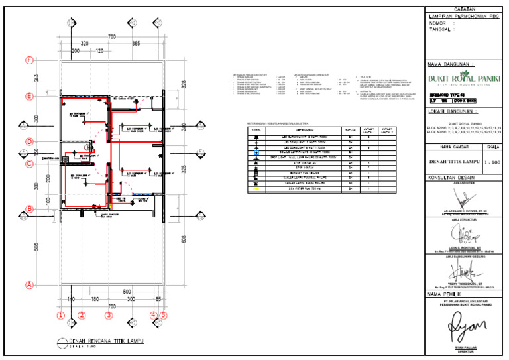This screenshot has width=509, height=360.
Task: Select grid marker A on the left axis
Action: (x=29, y=286)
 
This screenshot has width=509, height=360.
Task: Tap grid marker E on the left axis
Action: (x=29, y=97)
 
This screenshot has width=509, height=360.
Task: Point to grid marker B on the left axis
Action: (x=29, y=210)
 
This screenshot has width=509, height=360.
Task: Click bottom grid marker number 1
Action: (x=60, y=316)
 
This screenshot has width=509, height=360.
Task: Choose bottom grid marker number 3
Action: (x=109, y=316)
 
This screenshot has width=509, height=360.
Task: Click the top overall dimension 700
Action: (x=112, y=36)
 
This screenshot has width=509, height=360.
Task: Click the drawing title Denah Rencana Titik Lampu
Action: (x=105, y=341)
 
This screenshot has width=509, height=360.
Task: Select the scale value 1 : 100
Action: (x=492, y=161)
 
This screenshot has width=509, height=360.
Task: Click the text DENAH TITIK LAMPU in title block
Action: (x=453, y=161)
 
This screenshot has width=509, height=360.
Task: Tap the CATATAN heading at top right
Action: (x=465, y=9)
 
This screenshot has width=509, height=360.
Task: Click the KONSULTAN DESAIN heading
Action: (x=453, y=178)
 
